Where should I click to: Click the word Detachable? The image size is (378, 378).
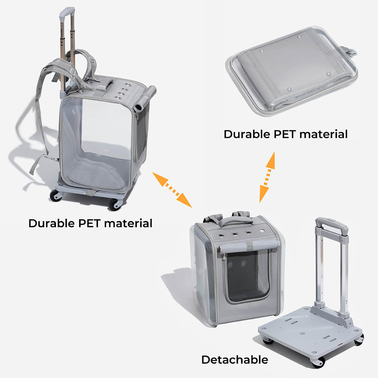click(x=234, y=359)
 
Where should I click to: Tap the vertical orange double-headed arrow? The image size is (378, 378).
click(x=267, y=177)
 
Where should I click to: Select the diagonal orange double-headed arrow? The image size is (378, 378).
click(x=172, y=190)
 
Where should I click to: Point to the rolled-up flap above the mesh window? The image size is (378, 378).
click(x=249, y=247)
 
